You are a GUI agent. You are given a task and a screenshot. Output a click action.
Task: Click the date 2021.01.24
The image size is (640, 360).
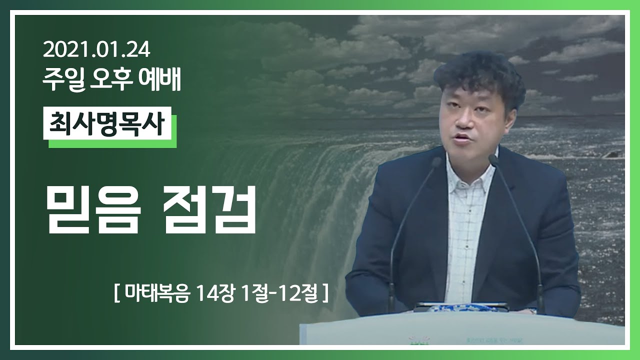96,50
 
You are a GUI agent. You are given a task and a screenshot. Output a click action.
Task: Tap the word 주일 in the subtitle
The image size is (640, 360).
58,80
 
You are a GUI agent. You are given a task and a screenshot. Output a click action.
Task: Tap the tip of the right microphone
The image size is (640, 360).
493,160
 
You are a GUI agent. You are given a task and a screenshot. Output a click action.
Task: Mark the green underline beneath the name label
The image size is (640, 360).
112,144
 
